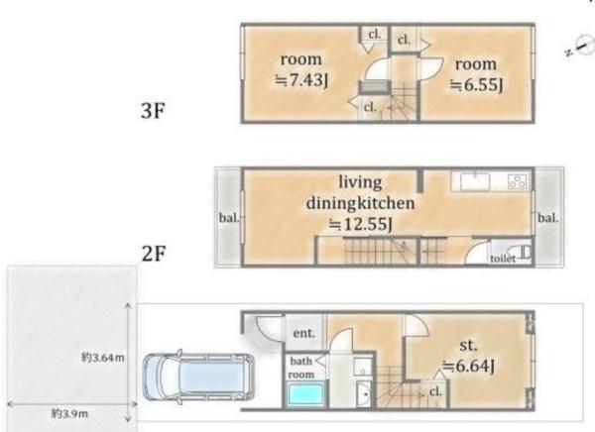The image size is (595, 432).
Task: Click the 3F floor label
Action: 154,111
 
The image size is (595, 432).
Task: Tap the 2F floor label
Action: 154,254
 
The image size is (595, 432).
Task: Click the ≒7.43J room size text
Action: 301,79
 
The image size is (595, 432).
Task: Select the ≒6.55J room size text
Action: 477,84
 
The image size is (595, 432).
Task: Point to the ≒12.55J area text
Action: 360,225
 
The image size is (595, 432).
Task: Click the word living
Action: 360,182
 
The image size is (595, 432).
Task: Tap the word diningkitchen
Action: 360,203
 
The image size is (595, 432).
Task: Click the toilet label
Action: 503,259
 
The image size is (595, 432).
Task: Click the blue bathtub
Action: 305,394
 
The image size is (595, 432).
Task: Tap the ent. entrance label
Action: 304,333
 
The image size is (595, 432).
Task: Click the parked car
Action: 198,377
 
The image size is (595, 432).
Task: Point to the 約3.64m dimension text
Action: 103,358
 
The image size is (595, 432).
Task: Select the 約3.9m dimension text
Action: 69,413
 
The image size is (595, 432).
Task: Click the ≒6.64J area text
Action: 469,367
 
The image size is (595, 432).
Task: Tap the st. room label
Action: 469,345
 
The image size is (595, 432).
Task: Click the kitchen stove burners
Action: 519,181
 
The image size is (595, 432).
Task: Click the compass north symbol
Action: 581,46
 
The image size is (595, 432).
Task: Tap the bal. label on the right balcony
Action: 548,218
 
